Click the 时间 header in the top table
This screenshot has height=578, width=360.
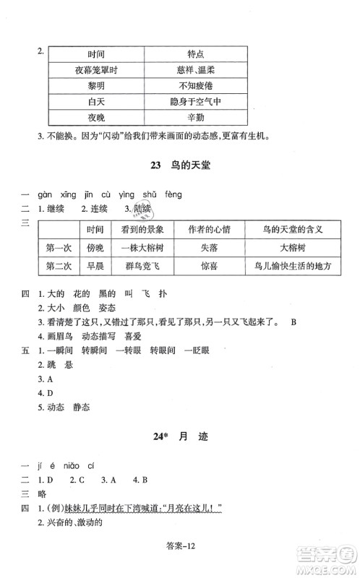point(96,53)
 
